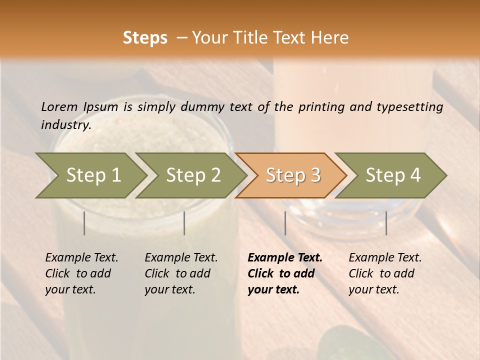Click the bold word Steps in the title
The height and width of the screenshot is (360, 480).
(x=145, y=38)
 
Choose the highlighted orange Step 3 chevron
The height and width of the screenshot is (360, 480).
(x=293, y=175)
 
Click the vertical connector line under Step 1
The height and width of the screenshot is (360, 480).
(x=84, y=223)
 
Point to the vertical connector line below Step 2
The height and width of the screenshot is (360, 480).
(x=184, y=223)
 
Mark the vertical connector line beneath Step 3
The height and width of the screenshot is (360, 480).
(x=285, y=223)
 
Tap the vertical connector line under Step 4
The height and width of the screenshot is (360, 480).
(x=386, y=223)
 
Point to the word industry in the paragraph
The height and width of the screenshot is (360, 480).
(x=66, y=125)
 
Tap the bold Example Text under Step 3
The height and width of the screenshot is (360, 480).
(x=285, y=258)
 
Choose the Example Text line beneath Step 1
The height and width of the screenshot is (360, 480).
(x=81, y=258)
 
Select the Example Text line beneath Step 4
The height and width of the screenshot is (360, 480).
(x=385, y=258)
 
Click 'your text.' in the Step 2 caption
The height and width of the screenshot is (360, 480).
(x=169, y=289)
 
